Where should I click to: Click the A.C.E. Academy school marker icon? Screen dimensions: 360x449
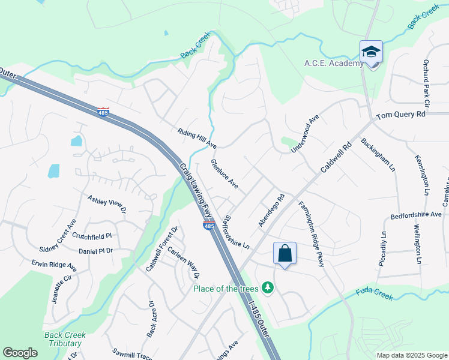[x=371, y=52]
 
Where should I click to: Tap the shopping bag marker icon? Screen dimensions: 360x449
[x=285, y=253]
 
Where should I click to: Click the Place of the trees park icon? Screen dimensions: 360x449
[x=269, y=289]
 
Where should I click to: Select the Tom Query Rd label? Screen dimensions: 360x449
[x=400, y=114]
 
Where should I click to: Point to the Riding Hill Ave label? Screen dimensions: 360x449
[x=197, y=138]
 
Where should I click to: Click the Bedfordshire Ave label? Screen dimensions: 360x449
[x=416, y=214]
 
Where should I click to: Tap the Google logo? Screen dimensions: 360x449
[x=20, y=353]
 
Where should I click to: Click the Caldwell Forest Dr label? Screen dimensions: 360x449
[x=162, y=248]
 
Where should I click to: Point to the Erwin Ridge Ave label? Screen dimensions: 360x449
[x=55, y=264]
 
